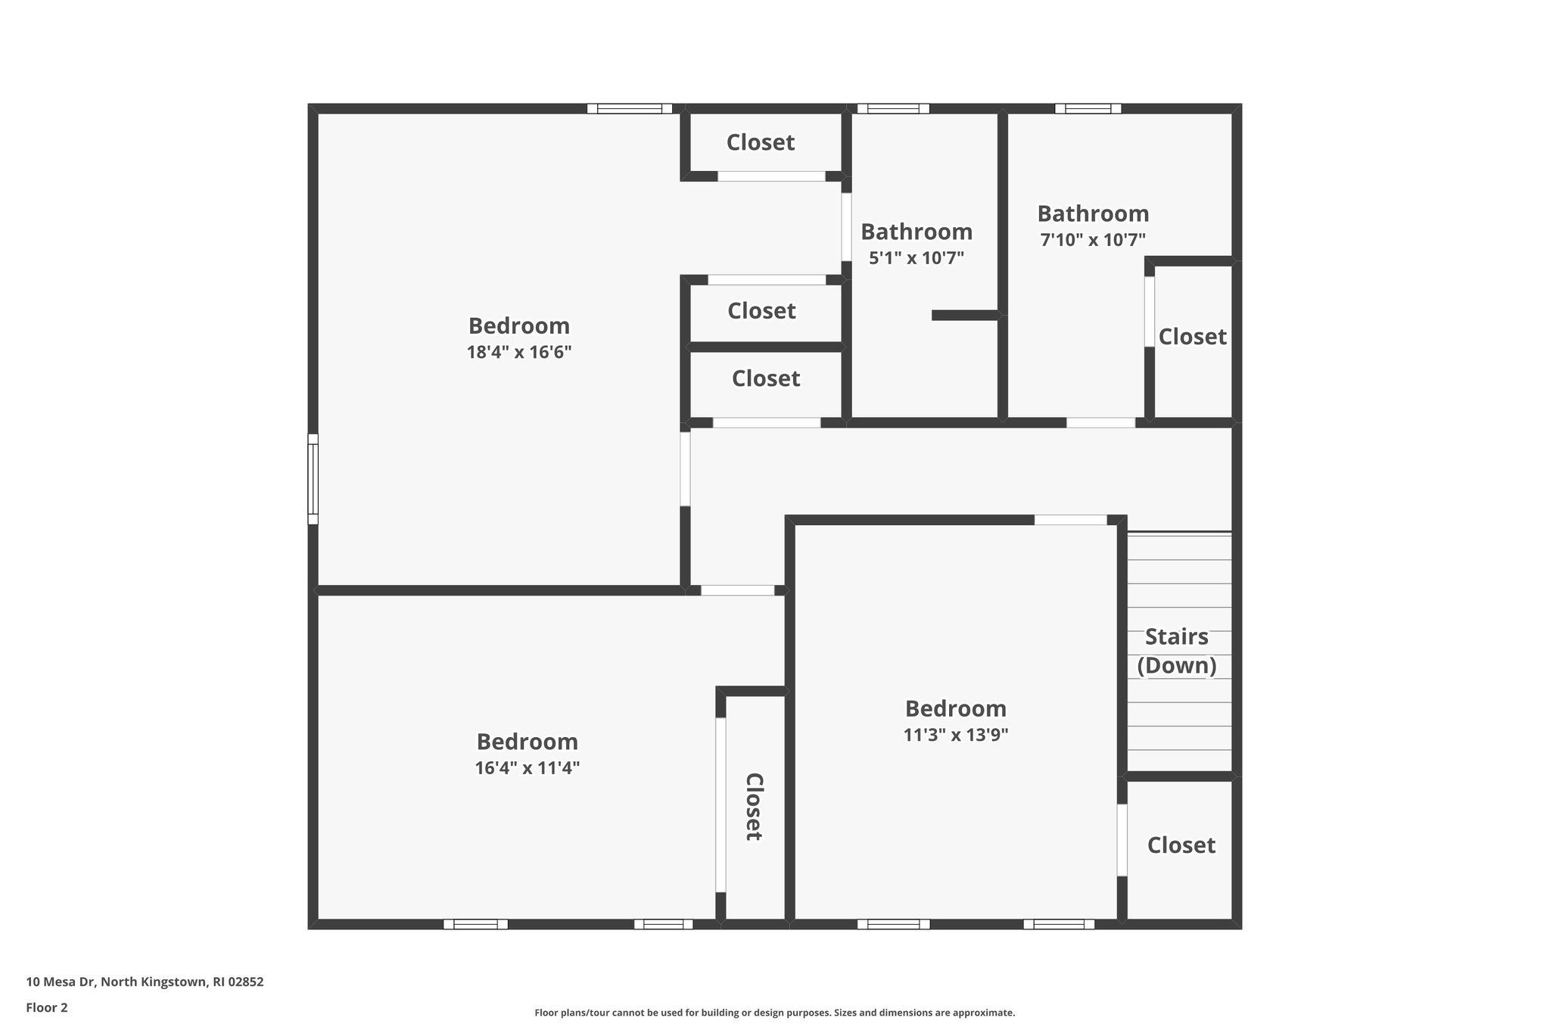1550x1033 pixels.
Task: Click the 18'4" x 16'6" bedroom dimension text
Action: [518, 352]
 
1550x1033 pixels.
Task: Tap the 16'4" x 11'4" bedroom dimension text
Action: [527, 768]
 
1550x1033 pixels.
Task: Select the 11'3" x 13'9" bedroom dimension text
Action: [955, 735]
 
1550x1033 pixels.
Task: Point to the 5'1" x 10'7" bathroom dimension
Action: [916, 258]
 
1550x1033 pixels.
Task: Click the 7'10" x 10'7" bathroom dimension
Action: [1092, 240]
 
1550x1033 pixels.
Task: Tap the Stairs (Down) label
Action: [1176, 651]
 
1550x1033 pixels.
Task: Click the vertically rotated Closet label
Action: [753, 806]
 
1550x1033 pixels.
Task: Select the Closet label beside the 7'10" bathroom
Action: [1192, 337]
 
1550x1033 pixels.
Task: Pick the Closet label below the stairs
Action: [1181, 845]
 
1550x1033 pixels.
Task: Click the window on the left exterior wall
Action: [313, 478]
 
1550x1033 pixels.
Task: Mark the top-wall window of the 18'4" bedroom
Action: [630, 108]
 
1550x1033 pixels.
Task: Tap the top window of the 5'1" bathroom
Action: [893, 108]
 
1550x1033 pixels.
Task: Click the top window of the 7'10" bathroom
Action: [1088, 108]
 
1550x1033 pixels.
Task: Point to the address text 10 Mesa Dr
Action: [145, 982]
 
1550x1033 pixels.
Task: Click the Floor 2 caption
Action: [47, 1007]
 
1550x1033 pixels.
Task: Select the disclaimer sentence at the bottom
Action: [774, 1013]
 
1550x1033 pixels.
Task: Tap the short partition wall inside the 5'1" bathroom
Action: [965, 315]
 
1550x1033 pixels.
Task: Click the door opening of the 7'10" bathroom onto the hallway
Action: [1100, 422]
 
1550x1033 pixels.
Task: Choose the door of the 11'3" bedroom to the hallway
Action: [1070, 520]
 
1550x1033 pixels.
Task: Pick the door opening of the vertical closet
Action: [721, 804]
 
